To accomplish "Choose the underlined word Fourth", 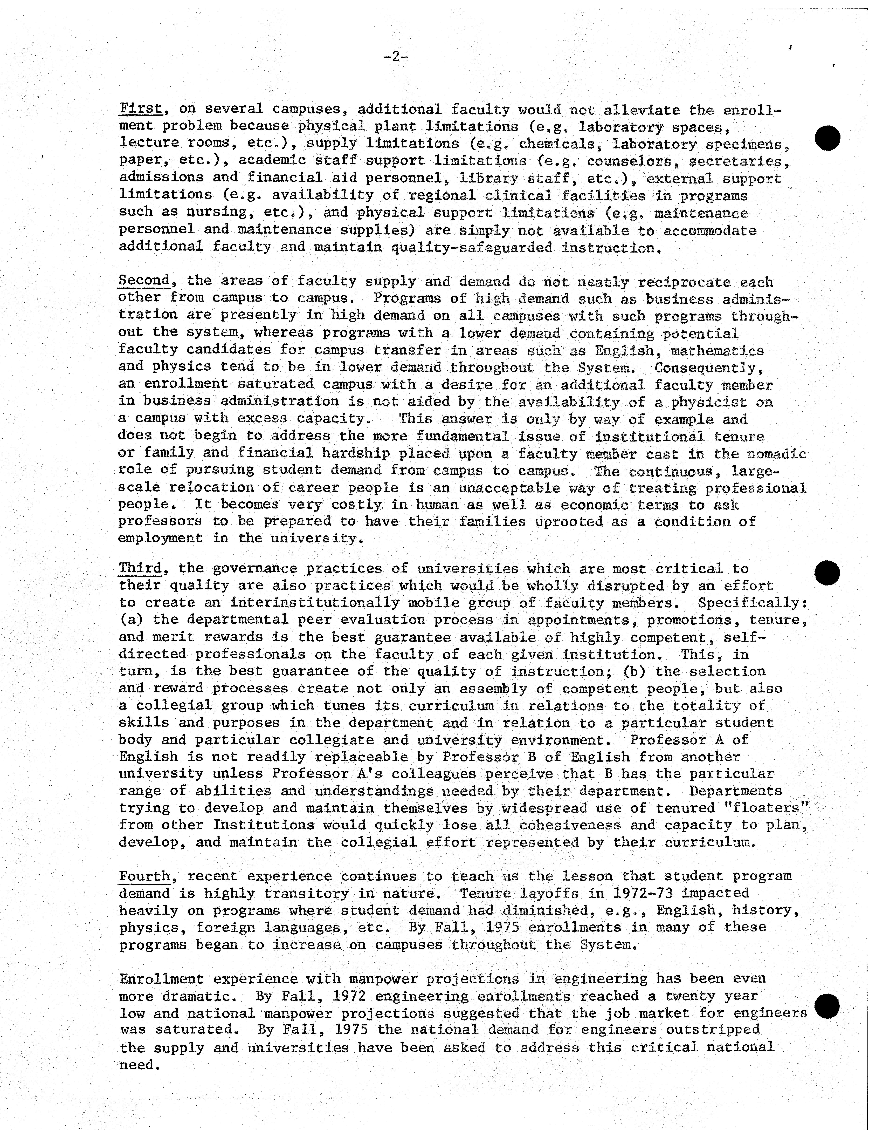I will pos(144,876).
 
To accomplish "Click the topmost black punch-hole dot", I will pos(828,138).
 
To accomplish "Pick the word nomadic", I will pos(777,454).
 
